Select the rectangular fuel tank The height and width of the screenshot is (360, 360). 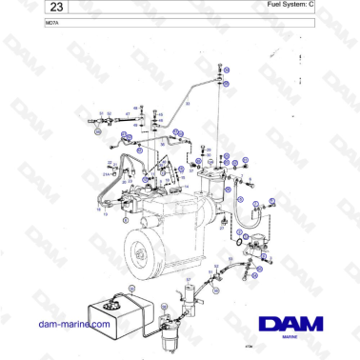[x=111, y=310]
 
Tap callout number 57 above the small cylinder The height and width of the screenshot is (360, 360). [x=189, y=278]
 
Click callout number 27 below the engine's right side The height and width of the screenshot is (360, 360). [x=221, y=230]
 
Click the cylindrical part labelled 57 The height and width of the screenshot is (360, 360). [x=190, y=296]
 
